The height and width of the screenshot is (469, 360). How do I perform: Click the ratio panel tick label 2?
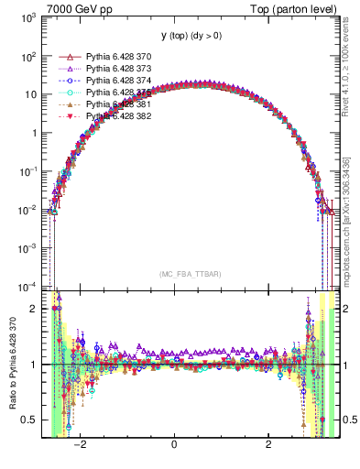pyautogui.click(x=35, y=309)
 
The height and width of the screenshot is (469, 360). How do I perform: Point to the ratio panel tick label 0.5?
pyautogui.click(x=31, y=420)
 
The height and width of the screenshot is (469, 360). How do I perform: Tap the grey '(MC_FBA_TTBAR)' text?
pyautogui.click(x=190, y=274)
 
